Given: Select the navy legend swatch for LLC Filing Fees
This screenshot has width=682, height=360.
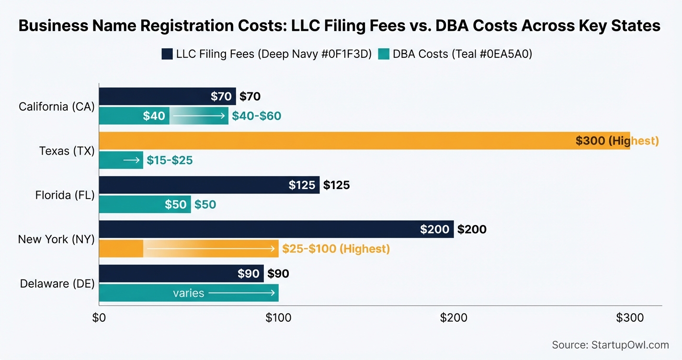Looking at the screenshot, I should (x=167, y=54).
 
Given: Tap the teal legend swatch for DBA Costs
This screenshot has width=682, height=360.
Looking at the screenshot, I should (x=383, y=54).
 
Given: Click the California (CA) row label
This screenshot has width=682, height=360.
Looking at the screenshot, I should (x=57, y=106).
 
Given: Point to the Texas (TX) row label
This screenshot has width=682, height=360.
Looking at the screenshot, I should (x=67, y=151).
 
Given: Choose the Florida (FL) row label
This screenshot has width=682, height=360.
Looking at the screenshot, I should (x=65, y=195).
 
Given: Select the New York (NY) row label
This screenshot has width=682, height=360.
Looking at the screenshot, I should (x=56, y=239).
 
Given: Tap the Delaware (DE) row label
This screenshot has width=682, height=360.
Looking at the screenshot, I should (x=57, y=283).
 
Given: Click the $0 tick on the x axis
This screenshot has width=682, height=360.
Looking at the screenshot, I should (x=99, y=317).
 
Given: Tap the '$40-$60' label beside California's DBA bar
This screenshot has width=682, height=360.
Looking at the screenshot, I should (x=256, y=116).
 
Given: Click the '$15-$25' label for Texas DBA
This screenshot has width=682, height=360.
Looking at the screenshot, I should (x=170, y=160).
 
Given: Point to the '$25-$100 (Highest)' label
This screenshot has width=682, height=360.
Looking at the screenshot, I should (x=336, y=249).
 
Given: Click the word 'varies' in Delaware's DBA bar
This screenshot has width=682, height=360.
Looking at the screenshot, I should (x=189, y=293).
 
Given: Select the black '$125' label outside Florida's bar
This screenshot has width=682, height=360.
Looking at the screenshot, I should (x=336, y=185).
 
